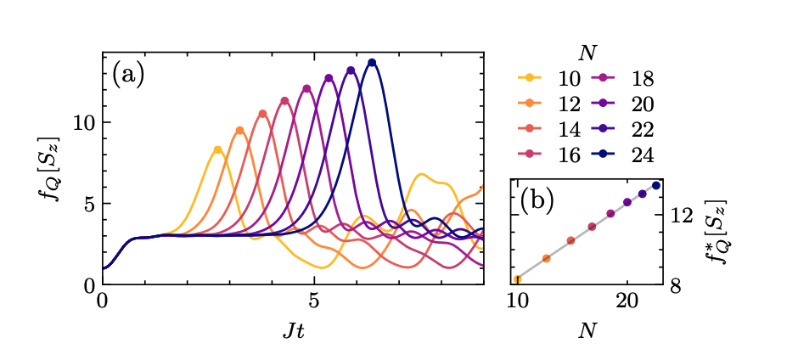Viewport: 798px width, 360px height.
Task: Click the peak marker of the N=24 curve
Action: point(372,62)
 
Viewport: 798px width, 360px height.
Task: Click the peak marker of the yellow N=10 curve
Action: point(218,149)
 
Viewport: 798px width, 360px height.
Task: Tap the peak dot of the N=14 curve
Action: point(262,114)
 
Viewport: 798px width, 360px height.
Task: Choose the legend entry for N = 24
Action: point(629,155)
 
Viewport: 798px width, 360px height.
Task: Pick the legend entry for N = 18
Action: point(629,80)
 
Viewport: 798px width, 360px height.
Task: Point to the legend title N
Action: point(586,53)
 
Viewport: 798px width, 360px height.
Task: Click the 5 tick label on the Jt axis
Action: point(314,302)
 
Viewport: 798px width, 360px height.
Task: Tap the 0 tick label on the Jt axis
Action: point(103,302)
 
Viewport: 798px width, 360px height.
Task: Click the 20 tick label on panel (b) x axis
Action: point(627,302)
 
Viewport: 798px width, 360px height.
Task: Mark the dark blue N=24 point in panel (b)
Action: point(655,185)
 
